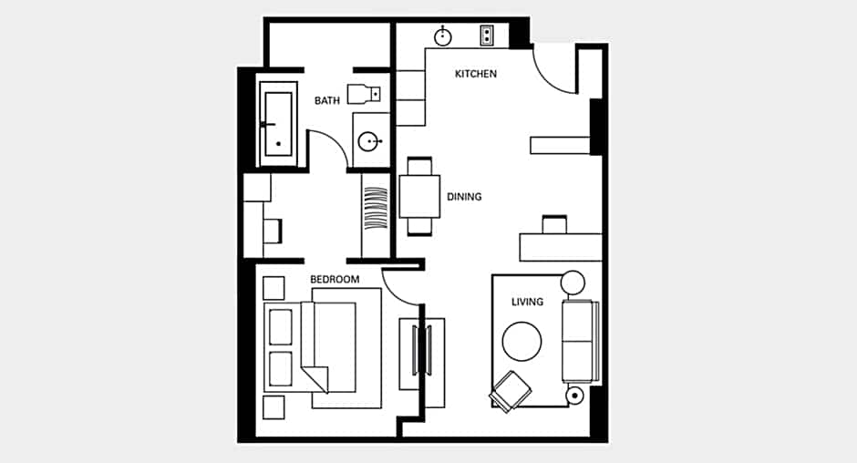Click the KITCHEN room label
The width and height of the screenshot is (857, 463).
(476, 74)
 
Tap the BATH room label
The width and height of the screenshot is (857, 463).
(326, 100)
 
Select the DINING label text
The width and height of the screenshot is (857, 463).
(464, 197)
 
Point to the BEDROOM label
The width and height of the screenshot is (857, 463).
(335, 279)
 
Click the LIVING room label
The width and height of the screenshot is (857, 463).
(527, 302)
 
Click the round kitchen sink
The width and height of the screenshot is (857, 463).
(443, 36)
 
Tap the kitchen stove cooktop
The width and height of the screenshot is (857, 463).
(487, 36)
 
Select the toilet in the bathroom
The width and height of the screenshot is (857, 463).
(364, 94)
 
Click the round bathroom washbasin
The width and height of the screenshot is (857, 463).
(369, 141)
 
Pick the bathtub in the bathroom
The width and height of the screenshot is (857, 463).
(278, 124)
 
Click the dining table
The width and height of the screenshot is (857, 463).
(419, 196)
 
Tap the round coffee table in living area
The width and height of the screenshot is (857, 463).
(522, 341)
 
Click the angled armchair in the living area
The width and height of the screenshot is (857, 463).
(511, 391)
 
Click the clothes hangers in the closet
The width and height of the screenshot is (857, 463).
(376, 209)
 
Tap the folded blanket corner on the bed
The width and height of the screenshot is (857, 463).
(316, 377)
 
